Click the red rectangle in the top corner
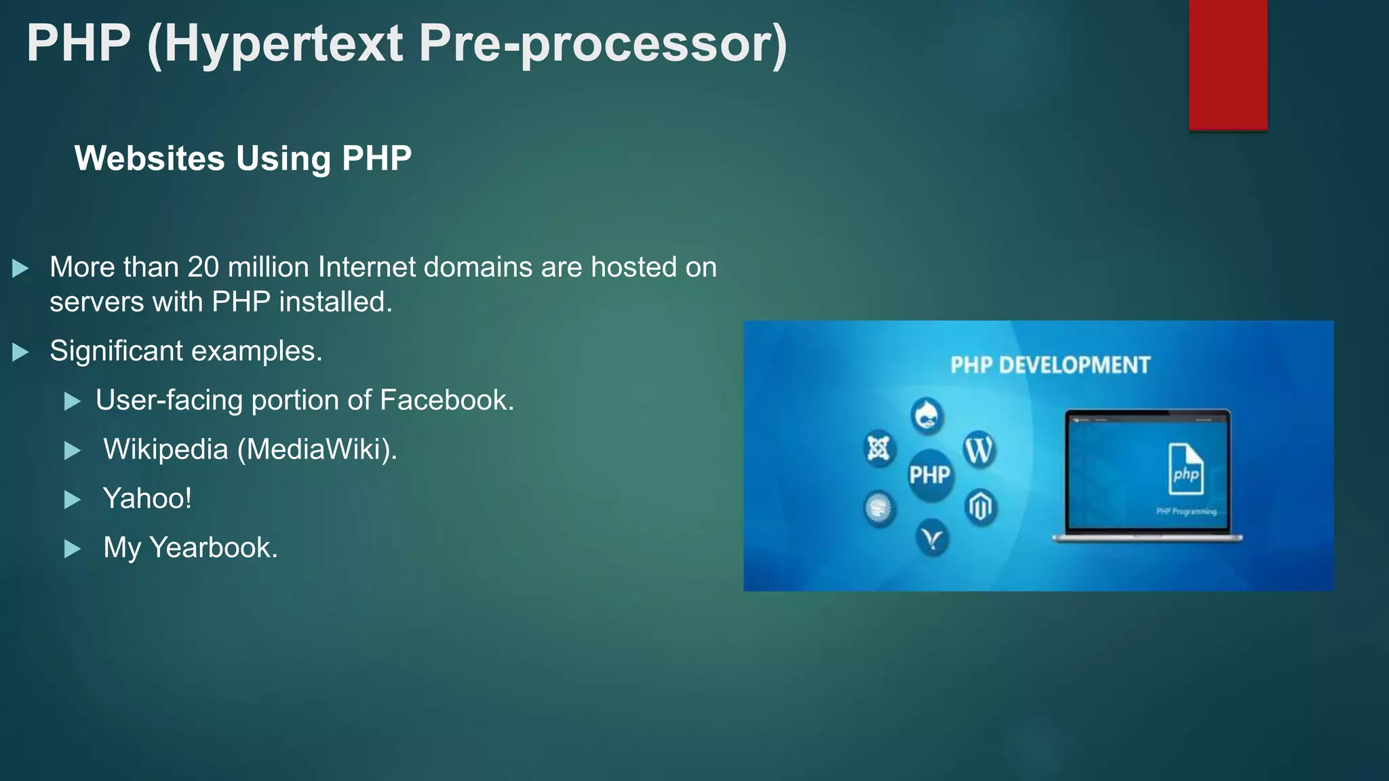click(1228, 64)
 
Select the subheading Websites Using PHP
click(243, 159)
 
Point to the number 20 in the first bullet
click(203, 267)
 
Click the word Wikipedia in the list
click(165, 449)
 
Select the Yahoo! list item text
click(147, 498)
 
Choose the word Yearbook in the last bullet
click(213, 548)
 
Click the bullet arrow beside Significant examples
click(20, 352)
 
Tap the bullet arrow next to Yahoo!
click(72, 500)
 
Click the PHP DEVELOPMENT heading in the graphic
click(1050, 365)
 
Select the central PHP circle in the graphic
click(930, 475)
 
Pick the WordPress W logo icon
click(979, 449)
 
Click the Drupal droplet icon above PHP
click(927, 416)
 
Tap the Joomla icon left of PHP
click(879, 448)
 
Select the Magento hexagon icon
click(980, 506)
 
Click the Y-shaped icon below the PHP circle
click(933, 538)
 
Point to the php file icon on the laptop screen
click(1186, 469)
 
